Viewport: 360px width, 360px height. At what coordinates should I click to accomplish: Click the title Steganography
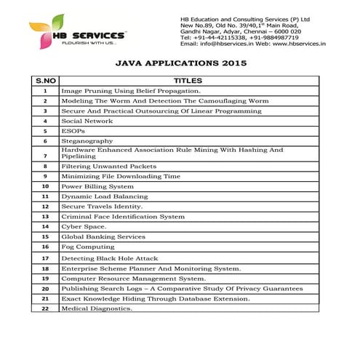coord(87,140)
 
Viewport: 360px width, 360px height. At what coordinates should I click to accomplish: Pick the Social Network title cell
coord(87,121)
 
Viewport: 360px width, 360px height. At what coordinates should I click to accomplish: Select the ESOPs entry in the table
coord(73,131)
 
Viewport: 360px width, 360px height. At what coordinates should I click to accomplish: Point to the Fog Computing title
coord(88,247)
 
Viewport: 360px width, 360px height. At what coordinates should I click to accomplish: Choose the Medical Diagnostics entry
coord(97,308)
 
